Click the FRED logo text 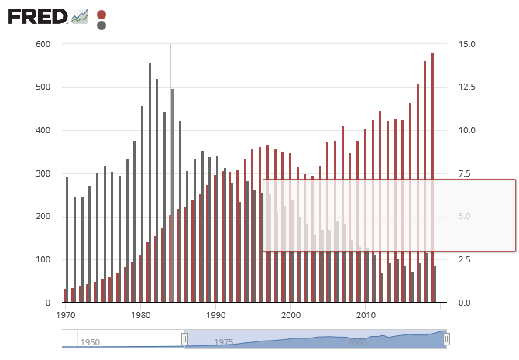point(36,15)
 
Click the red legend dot point(101,15)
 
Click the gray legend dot point(101,26)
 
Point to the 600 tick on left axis point(43,44)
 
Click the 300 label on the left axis point(43,173)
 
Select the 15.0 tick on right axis point(467,44)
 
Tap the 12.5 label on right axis point(467,87)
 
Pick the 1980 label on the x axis point(140,315)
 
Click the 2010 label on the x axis point(365,315)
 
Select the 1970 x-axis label point(66,315)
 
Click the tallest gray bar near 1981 point(150,183)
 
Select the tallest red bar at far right point(432,178)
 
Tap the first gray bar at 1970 point(67,239)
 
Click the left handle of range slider point(184,339)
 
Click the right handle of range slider point(447,339)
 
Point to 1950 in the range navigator point(89,342)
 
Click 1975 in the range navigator point(224,342)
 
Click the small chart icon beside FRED point(80,15)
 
